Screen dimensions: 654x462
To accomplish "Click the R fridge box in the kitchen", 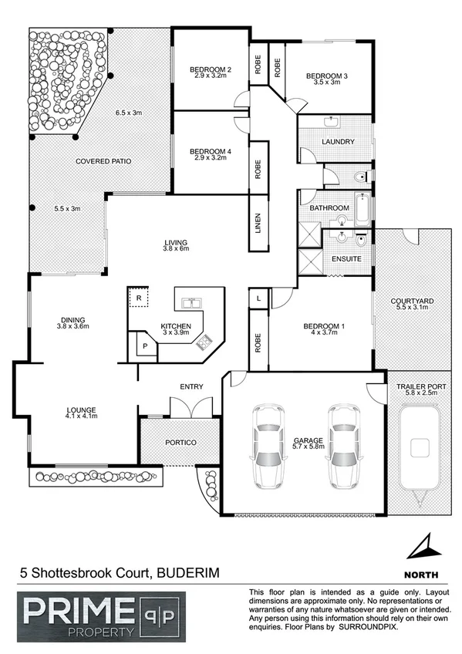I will (138, 297).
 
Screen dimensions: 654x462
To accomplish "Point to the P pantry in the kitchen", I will (145, 347).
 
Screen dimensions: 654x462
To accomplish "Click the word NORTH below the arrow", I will (421, 575).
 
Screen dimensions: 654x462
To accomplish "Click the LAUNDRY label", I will (339, 141).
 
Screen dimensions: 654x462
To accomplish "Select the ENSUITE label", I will (346, 258).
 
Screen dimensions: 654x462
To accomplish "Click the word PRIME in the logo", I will (69, 612).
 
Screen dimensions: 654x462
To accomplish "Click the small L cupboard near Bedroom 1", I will (257, 297).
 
